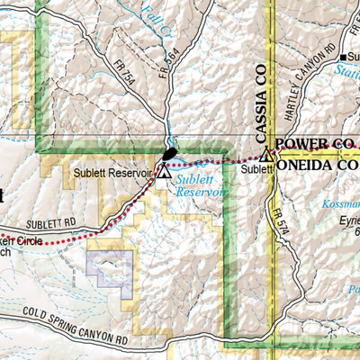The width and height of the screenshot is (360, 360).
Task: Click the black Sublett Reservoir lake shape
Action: (x=168, y=153)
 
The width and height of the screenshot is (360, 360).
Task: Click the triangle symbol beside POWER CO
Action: (x=265, y=155)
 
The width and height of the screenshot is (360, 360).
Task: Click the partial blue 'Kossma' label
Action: (x=339, y=204)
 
